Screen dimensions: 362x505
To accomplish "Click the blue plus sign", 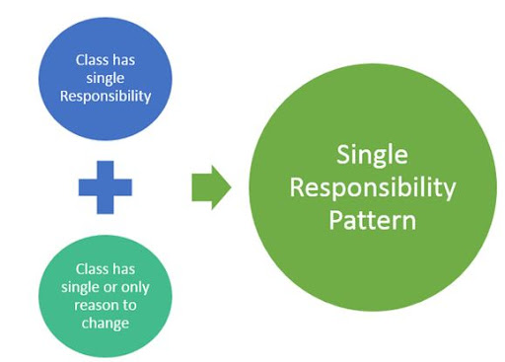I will click(106, 186).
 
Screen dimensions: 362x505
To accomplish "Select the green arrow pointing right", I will click(210, 185).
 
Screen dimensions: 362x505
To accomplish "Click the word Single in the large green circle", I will click(373, 155).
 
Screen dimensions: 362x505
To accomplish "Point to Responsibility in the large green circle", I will click(373, 186).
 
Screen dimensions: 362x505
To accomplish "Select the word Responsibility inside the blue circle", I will click(106, 96).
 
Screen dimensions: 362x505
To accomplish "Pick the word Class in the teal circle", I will click(91, 268).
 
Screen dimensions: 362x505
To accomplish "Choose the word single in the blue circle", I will click(106, 78).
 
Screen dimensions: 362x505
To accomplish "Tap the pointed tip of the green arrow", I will click(231, 185).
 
